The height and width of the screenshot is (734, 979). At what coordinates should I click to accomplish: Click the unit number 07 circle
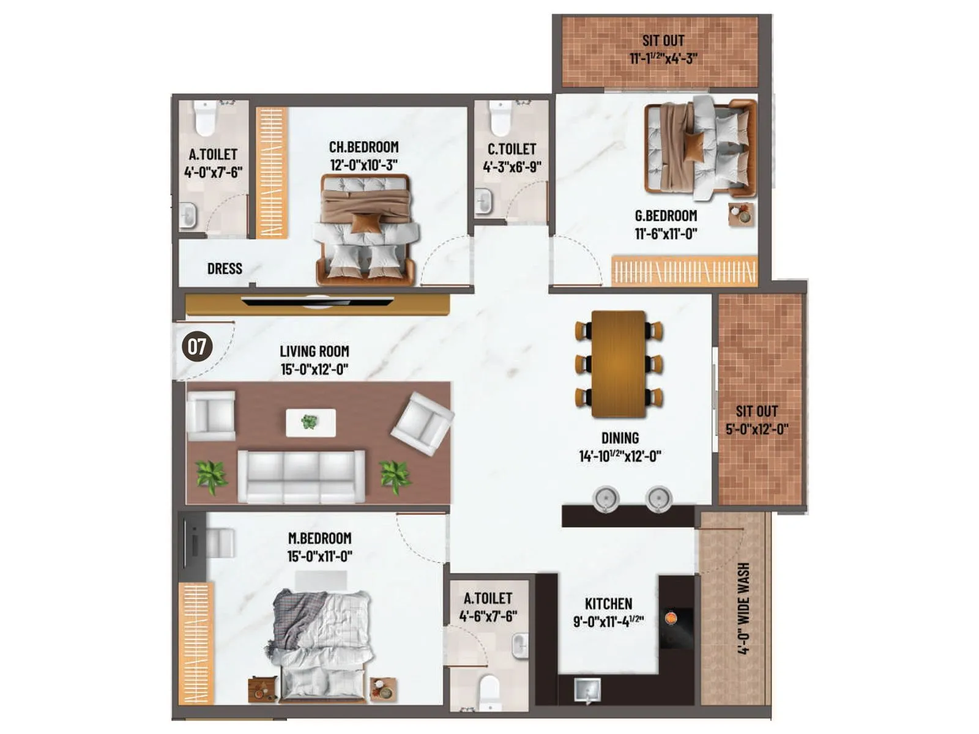197,346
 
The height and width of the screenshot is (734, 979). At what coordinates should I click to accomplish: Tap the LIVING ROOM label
315,352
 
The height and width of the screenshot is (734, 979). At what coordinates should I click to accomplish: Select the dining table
619,364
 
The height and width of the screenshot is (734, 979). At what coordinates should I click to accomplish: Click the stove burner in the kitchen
671,618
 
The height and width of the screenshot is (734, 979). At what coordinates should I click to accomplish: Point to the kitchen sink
587,690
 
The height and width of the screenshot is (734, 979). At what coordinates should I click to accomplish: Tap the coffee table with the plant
310,423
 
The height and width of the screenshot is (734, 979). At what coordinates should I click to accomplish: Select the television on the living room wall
317,301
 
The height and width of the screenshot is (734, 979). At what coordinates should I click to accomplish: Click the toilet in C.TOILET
501,118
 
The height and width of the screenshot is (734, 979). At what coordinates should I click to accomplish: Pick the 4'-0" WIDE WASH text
743,609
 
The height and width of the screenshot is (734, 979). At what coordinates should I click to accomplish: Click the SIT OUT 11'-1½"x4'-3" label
663,49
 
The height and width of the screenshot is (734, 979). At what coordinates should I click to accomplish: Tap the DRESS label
225,269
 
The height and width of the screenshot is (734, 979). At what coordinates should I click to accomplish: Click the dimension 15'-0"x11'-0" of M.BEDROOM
319,556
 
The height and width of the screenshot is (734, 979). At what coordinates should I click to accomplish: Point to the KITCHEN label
608,604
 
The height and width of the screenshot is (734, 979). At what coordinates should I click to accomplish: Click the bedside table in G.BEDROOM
741,215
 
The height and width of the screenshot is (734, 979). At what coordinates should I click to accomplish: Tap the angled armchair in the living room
422,423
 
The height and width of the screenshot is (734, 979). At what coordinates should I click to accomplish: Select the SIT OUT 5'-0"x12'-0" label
757,420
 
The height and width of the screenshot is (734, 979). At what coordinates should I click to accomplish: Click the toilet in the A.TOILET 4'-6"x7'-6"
489,691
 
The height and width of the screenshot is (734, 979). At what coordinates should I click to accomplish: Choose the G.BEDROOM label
666,216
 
